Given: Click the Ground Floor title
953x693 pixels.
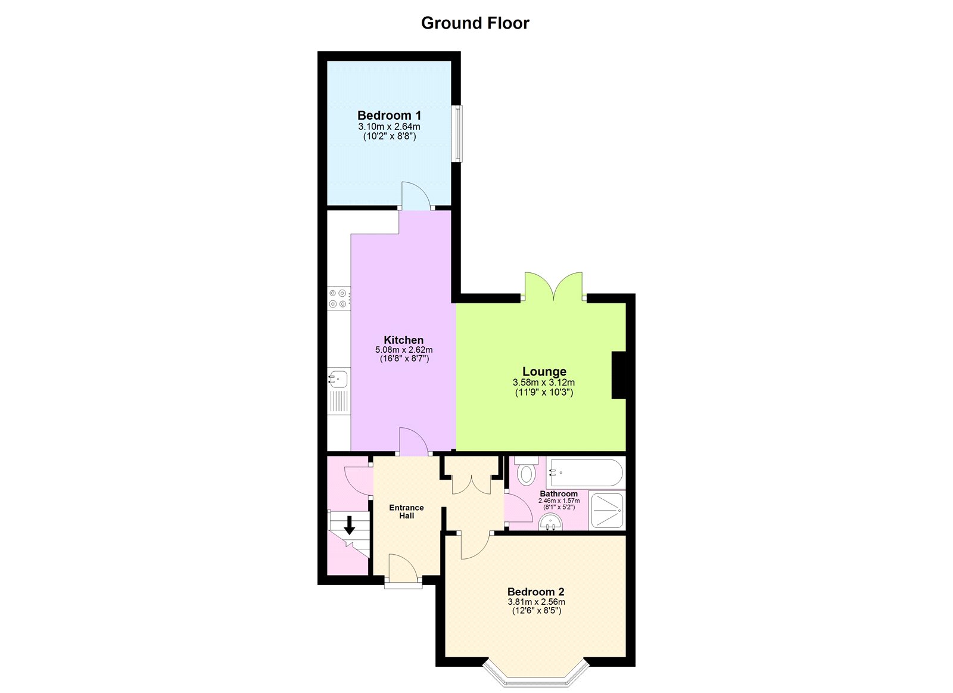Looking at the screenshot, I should click(475, 23).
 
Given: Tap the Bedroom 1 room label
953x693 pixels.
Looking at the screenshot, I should click(389, 116).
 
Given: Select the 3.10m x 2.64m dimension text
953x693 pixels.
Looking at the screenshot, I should click(389, 127).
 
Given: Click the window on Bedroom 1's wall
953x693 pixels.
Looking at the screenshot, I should click(456, 133).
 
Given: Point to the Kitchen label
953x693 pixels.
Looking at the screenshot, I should click(403, 340).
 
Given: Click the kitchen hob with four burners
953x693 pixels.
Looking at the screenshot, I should click(338, 298).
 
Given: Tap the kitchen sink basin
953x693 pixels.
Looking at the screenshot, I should click(338, 378).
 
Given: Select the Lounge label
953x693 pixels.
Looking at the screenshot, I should click(544, 372).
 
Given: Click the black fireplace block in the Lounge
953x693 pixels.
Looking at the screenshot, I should click(619, 375).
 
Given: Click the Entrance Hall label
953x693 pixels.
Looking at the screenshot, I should click(406, 511).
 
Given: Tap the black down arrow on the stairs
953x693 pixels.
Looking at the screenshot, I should click(349, 525).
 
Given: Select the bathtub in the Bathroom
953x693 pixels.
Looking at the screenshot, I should click(586, 474).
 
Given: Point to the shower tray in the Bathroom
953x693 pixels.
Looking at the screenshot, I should click(607, 510).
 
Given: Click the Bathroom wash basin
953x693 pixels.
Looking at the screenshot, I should click(551, 523).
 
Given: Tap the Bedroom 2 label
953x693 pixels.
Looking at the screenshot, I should click(535, 592).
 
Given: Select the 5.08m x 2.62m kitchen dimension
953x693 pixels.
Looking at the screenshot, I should click(403, 350).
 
